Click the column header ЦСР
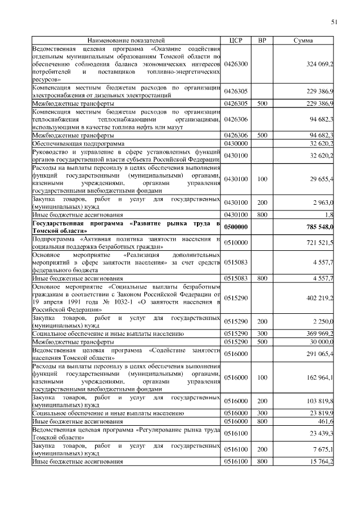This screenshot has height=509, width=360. tap(236, 41)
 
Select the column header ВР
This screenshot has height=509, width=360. tap(262, 41)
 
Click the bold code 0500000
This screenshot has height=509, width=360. tap(236, 227)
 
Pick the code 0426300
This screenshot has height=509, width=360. tap(236, 65)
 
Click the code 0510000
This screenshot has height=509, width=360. tap(236, 242)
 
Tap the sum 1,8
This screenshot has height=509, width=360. tap(329, 215)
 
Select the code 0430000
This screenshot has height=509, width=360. tap(236, 143)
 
